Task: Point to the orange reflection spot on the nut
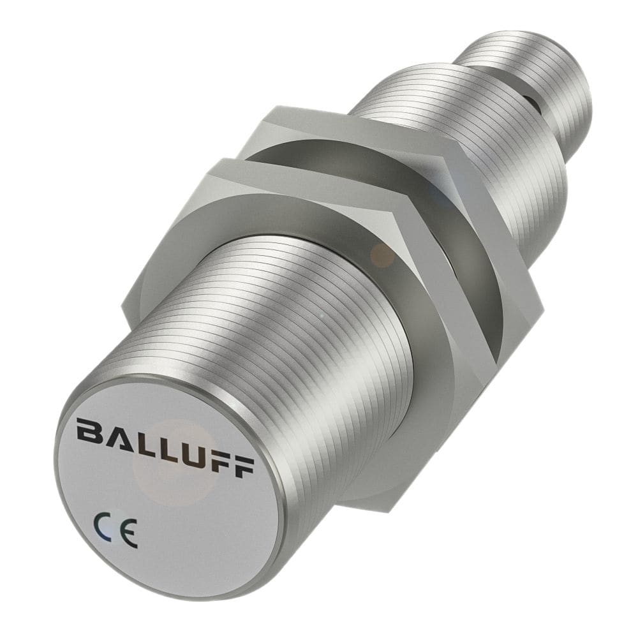382,254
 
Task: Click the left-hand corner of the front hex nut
128,300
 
